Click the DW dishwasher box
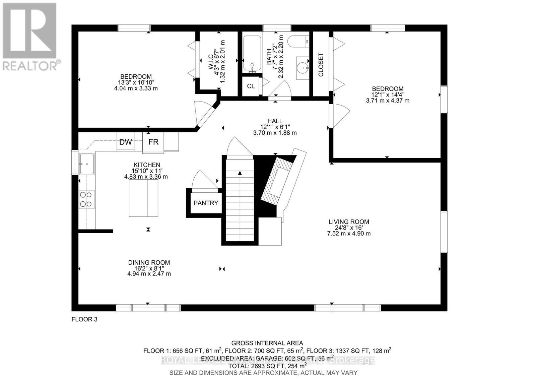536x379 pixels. click(126, 142)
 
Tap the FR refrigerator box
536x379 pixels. click(153, 142)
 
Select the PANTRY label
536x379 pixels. click(206, 203)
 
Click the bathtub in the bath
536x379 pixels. click(252, 54)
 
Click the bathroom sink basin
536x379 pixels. click(303, 68)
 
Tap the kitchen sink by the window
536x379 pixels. click(87, 164)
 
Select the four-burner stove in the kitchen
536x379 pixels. click(86, 199)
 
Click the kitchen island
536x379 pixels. click(144, 198)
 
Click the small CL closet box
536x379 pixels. click(251, 86)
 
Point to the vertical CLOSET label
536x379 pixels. click(321, 65)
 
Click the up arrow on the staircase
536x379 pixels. click(240, 173)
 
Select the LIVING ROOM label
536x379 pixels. click(349, 222)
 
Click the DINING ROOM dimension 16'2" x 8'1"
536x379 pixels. click(149, 268)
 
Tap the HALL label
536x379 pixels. click(275, 121)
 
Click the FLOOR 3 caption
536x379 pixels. click(84, 319)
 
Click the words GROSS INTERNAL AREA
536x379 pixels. click(267, 343)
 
